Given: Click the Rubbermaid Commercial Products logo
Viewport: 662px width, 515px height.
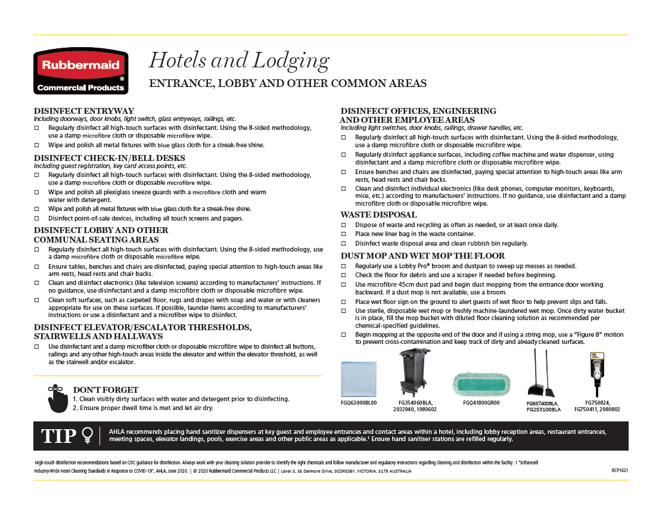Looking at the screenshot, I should pyautogui.click(x=80, y=72).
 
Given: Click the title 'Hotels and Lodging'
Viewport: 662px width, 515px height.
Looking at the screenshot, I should pyautogui.click(x=238, y=60).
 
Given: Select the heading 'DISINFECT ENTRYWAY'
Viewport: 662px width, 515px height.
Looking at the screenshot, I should pyautogui.click(x=84, y=111).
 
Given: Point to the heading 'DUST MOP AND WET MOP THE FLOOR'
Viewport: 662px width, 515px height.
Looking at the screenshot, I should pyautogui.click(x=422, y=256).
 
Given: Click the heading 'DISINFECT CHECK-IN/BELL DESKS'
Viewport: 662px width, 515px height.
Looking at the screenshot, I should pyautogui.click(x=110, y=158).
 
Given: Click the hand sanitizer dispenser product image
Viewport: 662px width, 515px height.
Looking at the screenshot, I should pyautogui.click(x=596, y=374).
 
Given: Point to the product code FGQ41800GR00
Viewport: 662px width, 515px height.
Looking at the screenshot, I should pyautogui.click(x=481, y=403).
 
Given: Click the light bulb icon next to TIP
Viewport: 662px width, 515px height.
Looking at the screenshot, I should pyautogui.click(x=88, y=436).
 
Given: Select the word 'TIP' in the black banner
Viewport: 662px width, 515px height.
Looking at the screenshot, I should pyautogui.click(x=58, y=436).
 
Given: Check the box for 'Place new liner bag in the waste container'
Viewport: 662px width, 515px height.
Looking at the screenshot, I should pyautogui.click(x=343, y=234).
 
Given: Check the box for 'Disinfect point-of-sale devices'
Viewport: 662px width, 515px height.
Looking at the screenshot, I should pyautogui.click(x=37, y=218).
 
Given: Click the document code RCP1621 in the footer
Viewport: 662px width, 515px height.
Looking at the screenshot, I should pyautogui.click(x=620, y=470).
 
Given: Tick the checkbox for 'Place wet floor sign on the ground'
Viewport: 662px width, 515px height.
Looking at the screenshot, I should pyautogui.click(x=343, y=302).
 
